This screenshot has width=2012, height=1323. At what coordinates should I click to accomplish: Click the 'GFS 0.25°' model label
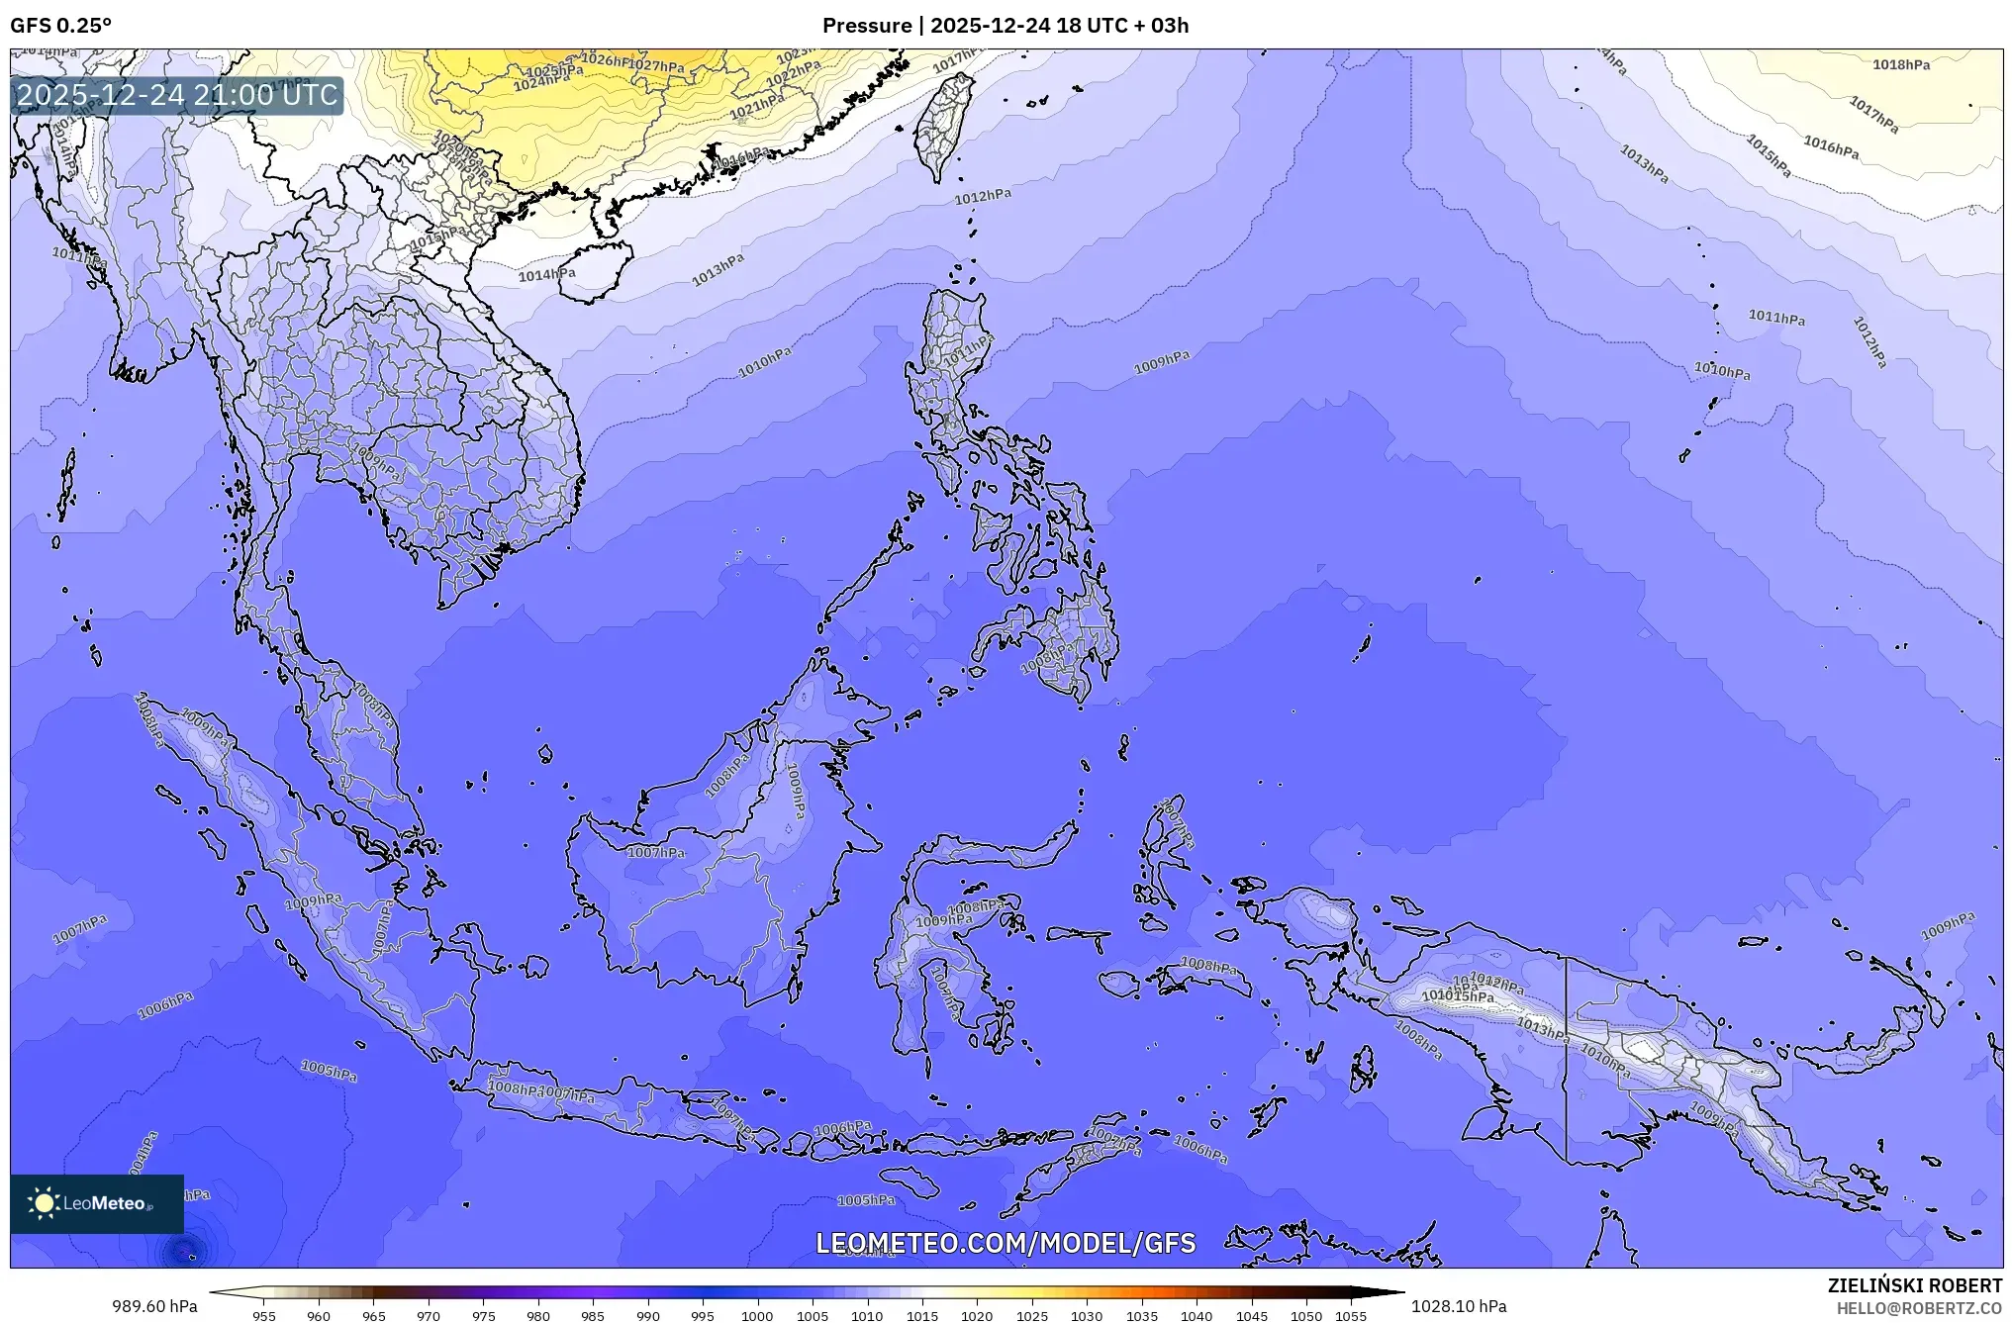point(60,26)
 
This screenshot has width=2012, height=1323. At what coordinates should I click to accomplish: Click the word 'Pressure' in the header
point(866,26)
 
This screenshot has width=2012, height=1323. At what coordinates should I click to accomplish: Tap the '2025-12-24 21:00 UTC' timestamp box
point(178,96)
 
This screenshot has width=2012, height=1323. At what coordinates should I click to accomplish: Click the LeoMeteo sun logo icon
point(44,1203)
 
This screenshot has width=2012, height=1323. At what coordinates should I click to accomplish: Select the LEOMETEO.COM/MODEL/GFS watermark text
point(1006,1243)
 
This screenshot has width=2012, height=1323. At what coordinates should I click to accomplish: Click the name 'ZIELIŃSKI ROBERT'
point(1914,1285)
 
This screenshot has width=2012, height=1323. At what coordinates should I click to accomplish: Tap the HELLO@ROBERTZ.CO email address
point(1919,1308)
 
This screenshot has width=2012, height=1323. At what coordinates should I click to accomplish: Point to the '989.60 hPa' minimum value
point(154,1306)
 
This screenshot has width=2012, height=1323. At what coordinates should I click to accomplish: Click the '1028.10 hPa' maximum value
point(1459,1306)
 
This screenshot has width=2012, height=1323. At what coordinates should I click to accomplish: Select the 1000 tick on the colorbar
point(757,1316)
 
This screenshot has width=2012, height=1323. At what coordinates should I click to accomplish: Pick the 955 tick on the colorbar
point(264,1316)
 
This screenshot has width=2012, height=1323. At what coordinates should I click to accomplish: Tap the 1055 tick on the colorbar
point(1351,1316)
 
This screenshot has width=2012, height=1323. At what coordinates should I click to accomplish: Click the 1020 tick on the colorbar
point(977,1316)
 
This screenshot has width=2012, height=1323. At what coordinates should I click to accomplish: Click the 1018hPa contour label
point(1901,65)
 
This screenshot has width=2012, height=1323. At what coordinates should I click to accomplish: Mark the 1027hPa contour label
point(656,66)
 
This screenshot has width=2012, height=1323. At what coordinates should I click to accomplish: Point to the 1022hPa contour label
point(794,72)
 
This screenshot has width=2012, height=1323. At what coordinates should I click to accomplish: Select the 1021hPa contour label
point(757,105)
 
